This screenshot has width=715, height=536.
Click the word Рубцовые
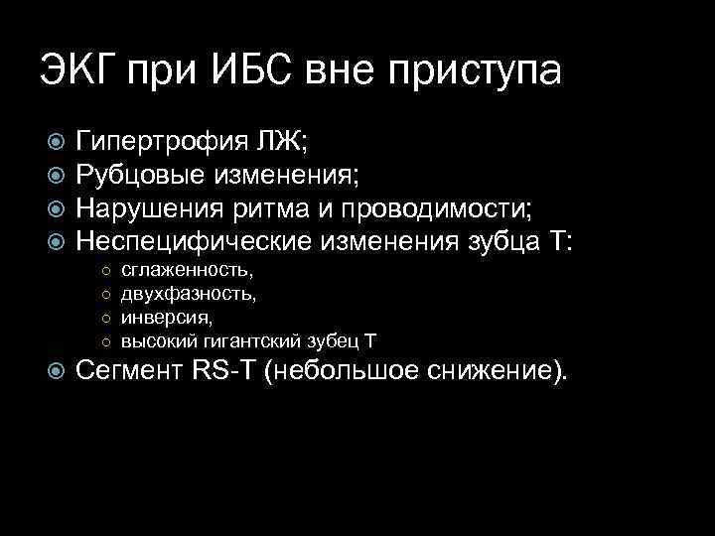click(x=141, y=177)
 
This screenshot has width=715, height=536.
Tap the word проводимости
click(x=439, y=210)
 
